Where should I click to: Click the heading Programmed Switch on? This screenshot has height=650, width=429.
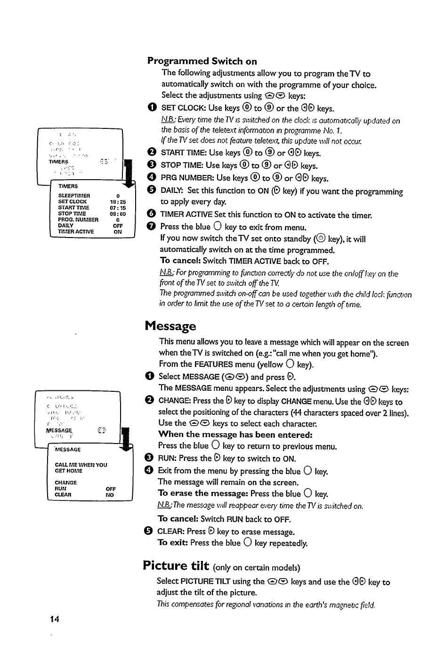point(202,61)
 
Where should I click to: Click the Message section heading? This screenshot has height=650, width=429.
point(170,325)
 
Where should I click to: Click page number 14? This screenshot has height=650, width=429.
point(55,618)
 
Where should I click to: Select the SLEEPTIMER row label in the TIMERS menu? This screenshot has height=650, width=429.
point(74,196)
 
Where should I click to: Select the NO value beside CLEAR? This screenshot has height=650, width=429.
point(110,495)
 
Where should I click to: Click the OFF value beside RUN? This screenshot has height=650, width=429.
point(111,489)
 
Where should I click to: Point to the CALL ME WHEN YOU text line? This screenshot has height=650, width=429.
point(81,465)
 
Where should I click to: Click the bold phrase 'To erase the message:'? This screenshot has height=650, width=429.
point(203,493)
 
